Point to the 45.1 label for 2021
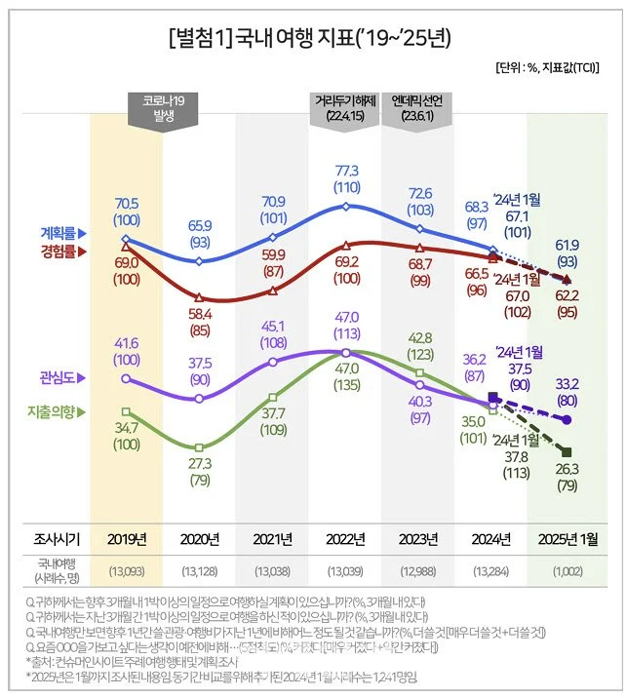tap(273, 327)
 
